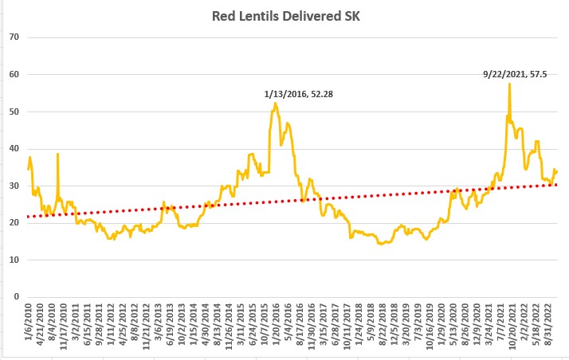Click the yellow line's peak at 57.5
pos(509,84)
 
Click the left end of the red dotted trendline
pos(29,217)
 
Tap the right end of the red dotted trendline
pos(556,185)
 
